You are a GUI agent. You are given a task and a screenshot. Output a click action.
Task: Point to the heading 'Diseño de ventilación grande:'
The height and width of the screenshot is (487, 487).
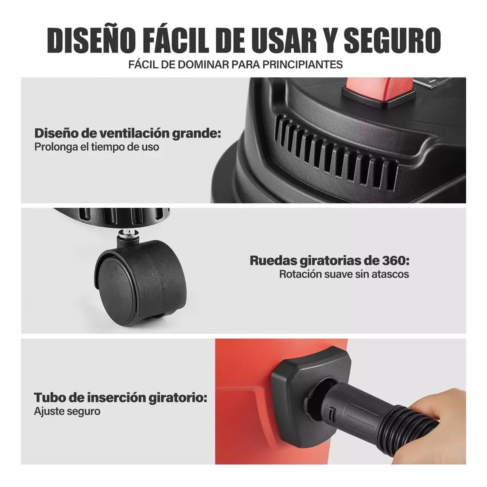coord(128,133)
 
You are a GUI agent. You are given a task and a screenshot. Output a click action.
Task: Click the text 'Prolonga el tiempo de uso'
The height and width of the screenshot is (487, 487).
coord(97,147)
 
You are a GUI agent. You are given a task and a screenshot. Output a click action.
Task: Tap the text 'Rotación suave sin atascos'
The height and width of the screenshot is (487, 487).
coord(344,274)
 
